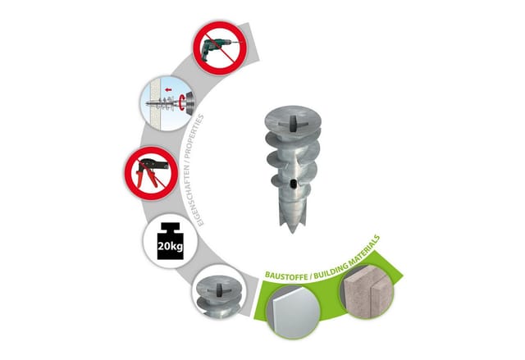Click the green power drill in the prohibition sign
[x=217, y=49]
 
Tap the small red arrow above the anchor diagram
[x=168, y=89]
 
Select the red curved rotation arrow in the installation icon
[x=182, y=103]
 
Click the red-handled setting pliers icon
[x=151, y=172]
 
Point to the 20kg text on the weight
[x=170, y=247]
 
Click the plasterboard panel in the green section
[x=294, y=312]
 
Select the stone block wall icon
[x=367, y=291]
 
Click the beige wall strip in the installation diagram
[x=155, y=103]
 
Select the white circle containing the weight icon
[x=170, y=241]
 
